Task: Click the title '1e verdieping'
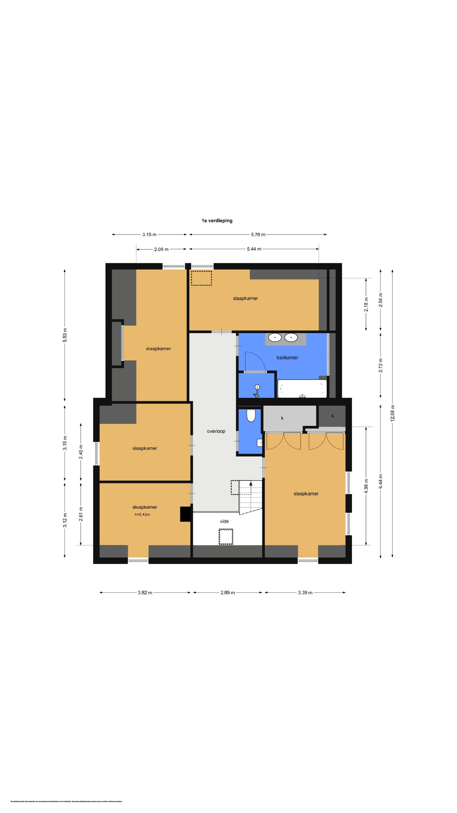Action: click(x=217, y=221)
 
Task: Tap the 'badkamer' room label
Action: click(x=287, y=357)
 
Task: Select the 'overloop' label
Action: click(x=216, y=431)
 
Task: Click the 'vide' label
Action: click(x=224, y=521)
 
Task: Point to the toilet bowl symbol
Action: click(x=251, y=416)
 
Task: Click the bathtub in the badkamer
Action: click(x=302, y=389)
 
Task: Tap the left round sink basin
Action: click(x=275, y=338)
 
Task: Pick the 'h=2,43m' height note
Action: click(x=142, y=514)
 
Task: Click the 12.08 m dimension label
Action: click(x=392, y=413)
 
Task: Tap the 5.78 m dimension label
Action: click(x=258, y=234)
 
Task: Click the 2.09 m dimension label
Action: click(x=161, y=249)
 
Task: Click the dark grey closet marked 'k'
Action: click(x=332, y=416)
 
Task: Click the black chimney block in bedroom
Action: click(x=185, y=514)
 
